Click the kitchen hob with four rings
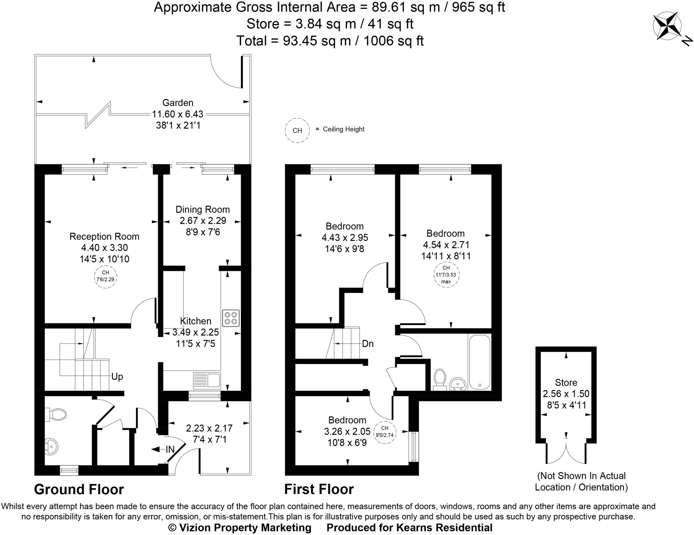click(x=231, y=318)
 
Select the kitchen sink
click(x=207, y=380)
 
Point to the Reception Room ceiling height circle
click(x=105, y=276)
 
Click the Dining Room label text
click(x=202, y=210)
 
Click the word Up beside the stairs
click(x=117, y=377)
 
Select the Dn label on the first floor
click(x=367, y=344)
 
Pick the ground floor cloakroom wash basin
click(x=51, y=446)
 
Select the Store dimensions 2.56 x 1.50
click(x=566, y=394)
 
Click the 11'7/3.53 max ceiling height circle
click(x=446, y=275)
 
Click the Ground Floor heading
click(x=79, y=490)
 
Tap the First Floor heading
click(x=319, y=490)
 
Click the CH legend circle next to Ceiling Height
click(x=297, y=130)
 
